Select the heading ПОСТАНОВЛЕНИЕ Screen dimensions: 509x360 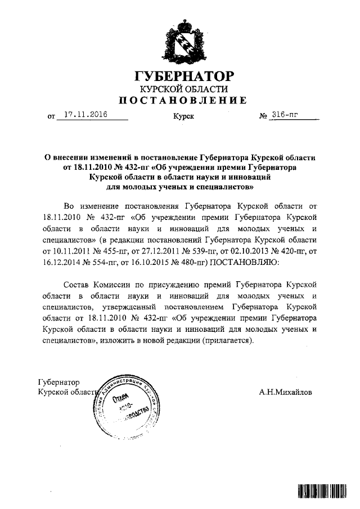click(181, 101)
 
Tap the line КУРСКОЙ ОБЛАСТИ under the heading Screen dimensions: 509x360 click(181, 89)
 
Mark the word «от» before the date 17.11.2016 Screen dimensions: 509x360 click(53, 117)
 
